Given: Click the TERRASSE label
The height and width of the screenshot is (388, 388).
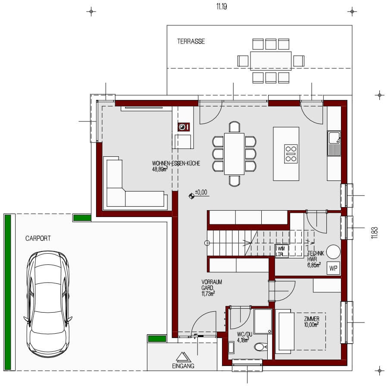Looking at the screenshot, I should point(191,42).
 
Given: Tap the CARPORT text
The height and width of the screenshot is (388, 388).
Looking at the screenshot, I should point(38,238).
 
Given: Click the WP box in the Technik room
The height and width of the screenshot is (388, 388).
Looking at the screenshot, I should point(333,268).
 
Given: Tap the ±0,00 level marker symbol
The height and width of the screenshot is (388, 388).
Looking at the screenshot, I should point(191,196).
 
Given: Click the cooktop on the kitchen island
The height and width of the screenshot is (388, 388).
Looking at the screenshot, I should point(291,154).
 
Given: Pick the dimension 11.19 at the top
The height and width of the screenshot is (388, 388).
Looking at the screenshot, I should point(222,7).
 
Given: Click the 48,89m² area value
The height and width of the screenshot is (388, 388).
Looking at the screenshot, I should point(160,169).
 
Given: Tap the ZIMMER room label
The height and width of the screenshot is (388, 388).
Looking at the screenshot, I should point(311,319).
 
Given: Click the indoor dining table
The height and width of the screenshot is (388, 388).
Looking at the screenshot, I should point(234,153).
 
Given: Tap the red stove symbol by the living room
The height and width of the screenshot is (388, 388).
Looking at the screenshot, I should point(183,127).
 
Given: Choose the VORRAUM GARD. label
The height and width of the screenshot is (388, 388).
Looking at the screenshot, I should point(211,285).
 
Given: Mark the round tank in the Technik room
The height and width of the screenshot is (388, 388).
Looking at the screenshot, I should point(333,251).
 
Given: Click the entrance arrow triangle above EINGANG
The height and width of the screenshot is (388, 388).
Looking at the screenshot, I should point(182,357).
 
